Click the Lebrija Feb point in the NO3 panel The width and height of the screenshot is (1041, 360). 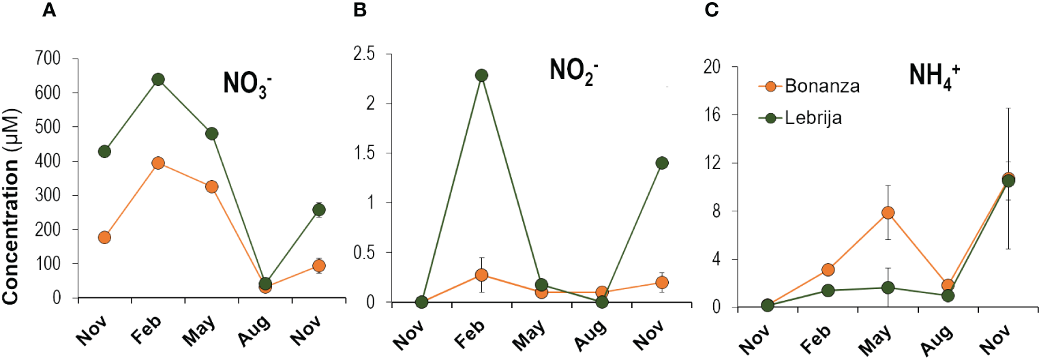pyautogui.click(x=158, y=80)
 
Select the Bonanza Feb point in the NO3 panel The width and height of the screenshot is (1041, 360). pyautogui.click(x=158, y=163)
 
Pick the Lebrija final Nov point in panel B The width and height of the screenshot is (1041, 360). pyautogui.click(x=661, y=163)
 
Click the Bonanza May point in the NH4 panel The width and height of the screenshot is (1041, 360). pyautogui.click(x=888, y=213)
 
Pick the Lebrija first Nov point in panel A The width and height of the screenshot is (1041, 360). pyautogui.click(x=104, y=151)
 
